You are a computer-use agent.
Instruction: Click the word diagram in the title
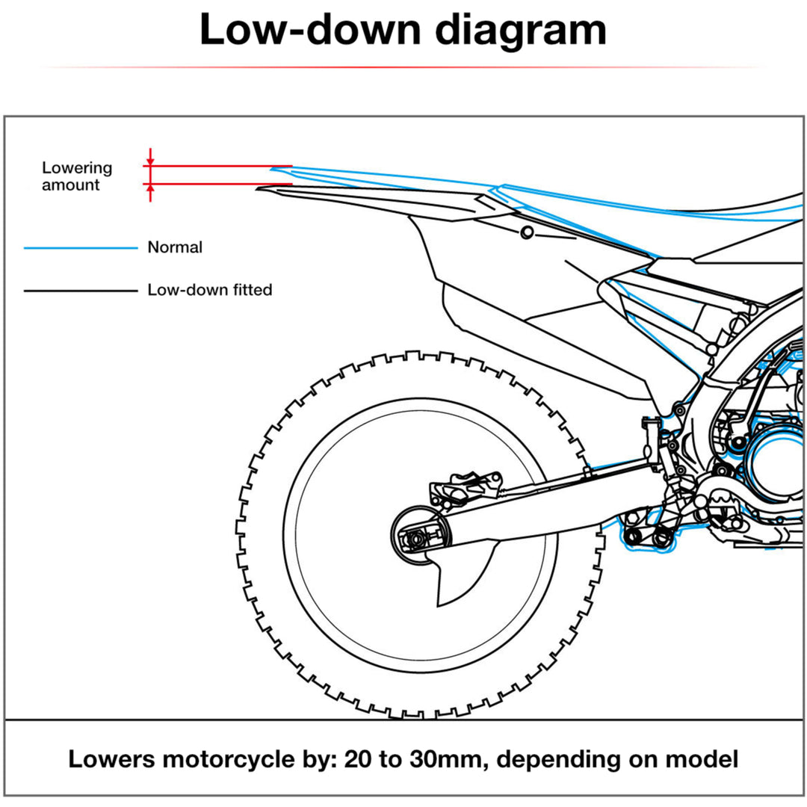520,32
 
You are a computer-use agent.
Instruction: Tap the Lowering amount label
76,176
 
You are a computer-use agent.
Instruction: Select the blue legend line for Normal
81,247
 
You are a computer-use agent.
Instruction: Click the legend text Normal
175,247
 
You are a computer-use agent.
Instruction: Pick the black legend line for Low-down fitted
81,290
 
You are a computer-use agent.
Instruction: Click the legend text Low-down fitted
209,290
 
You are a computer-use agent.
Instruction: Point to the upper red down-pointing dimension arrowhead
150,161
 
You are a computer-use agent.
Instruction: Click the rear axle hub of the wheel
419,536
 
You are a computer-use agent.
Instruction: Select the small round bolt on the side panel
528,232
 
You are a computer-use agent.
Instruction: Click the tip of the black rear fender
259,190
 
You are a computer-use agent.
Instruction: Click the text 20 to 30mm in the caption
415,759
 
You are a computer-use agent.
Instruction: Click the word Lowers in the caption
111,759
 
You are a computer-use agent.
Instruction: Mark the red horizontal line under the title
403,67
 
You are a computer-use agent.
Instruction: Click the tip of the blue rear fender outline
273,170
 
